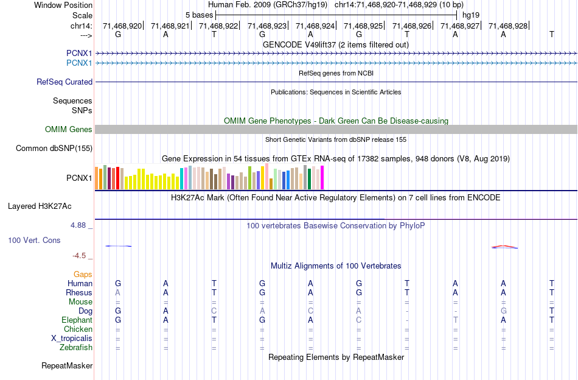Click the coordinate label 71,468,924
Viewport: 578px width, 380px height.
(315, 26)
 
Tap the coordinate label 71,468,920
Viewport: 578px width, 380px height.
(122, 26)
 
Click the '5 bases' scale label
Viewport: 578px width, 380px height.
(199, 15)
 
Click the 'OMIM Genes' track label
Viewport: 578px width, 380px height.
(69, 130)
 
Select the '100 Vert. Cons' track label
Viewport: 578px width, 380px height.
(34, 241)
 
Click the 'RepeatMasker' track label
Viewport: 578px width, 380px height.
(67, 366)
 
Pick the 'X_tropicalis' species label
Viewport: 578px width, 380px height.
(72, 339)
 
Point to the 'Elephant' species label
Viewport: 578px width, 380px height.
(77, 320)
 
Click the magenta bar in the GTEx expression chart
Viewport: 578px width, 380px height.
(322, 177)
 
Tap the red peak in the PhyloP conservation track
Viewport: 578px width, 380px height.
(503, 246)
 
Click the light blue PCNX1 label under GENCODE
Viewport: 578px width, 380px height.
(79, 63)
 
